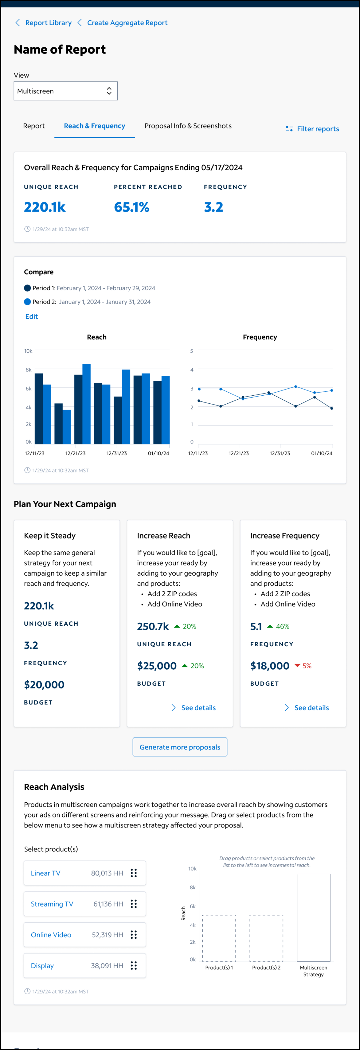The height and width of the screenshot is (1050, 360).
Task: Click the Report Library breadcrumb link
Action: pos(48,23)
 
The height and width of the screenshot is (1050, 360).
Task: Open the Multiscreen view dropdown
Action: pos(66,91)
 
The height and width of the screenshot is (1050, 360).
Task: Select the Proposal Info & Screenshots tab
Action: pos(188,126)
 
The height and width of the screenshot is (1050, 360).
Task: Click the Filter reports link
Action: pos(312,129)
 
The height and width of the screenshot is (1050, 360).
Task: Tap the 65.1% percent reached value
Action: pos(131,207)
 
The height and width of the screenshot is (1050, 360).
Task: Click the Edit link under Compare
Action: pos(31,316)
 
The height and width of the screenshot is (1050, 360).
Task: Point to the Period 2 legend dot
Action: pos(27,302)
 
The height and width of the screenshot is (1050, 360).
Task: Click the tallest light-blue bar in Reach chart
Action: pos(87,404)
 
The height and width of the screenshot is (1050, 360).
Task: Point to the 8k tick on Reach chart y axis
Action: pos(28,370)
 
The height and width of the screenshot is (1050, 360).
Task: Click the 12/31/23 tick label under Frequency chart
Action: pos(280,453)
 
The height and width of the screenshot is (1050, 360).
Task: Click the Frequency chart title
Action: pos(260,337)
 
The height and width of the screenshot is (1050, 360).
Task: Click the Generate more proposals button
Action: pos(180,747)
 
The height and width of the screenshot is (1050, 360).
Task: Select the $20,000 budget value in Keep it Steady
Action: pos(44,685)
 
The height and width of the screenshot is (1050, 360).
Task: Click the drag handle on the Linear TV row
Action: pos(134,873)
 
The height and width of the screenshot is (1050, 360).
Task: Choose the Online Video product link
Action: pos(51,935)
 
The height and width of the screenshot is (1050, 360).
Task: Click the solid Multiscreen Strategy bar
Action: pos(313,917)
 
